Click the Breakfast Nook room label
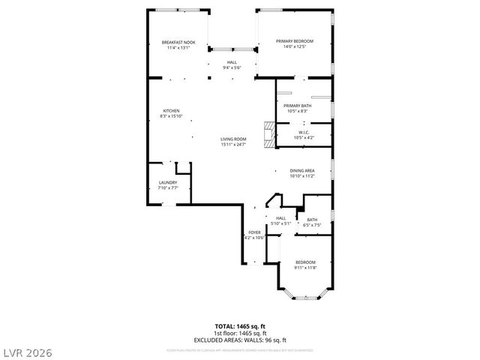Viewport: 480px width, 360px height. pos(178,42)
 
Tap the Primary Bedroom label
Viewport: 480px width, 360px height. pos(294,40)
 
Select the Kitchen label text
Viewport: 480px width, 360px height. pos(171,111)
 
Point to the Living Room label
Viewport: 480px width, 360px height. pos(233,139)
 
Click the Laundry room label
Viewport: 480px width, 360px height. pos(167,183)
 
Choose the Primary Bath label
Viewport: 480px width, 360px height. pos(297,106)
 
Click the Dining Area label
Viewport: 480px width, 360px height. pos(301,171)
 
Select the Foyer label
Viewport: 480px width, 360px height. pos(254,233)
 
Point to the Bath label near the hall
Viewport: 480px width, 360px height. pos(312,220)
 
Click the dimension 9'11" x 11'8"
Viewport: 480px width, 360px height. pos(304,268)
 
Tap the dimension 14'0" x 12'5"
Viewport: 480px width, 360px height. pos(294,47)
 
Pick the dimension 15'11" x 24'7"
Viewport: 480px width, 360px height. pos(233,145)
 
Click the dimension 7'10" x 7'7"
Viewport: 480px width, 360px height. pos(167,188)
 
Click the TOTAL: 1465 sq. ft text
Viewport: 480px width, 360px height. pos(239,326)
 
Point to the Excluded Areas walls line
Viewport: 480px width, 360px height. pos(239,339)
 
